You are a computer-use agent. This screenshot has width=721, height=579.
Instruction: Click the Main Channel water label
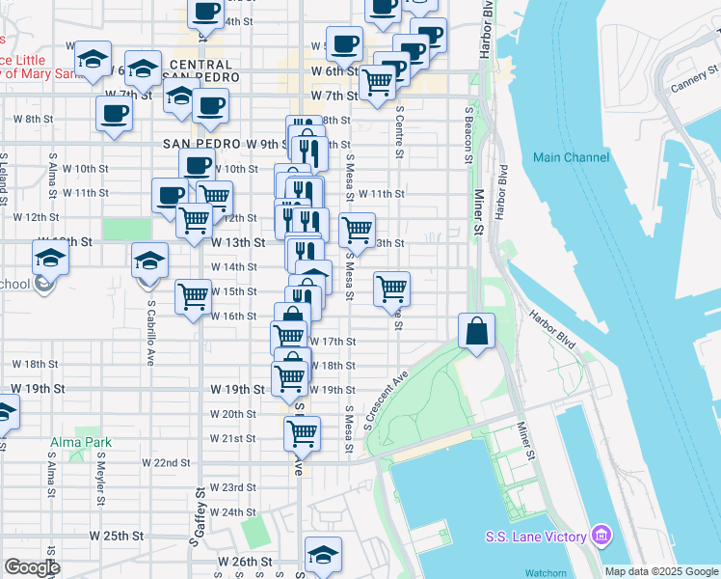point(572,157)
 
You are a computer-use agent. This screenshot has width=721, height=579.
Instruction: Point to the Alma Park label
point(81,443)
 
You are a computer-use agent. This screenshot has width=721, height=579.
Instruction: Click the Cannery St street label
point(694,78)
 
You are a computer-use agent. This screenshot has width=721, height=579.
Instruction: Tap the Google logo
point(32,567)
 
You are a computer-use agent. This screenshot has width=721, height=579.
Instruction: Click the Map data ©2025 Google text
point(661,571)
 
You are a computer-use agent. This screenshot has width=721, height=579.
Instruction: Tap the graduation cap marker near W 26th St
point(323,554)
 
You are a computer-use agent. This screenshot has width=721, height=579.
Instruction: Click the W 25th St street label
point(117,535)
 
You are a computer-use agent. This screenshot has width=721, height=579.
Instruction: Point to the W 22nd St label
point(166,463)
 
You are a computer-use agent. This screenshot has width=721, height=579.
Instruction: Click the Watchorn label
point(574,571)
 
